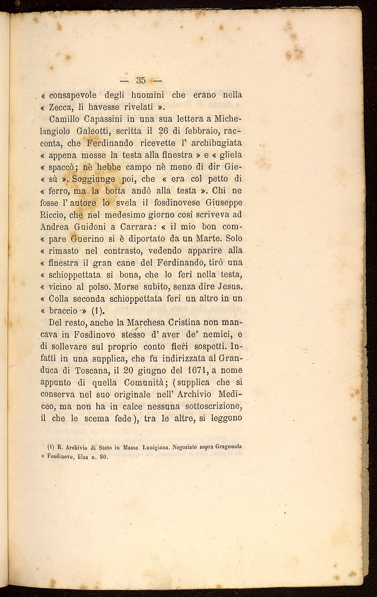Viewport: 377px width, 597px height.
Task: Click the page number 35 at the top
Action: tap(140, 80)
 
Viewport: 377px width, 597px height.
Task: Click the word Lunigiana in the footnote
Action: tap(156, 447)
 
